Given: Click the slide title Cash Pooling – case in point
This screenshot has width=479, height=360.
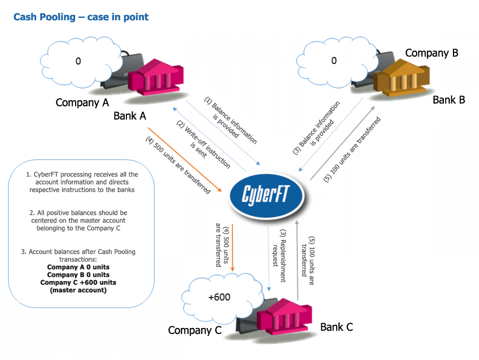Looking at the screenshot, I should [81, 17].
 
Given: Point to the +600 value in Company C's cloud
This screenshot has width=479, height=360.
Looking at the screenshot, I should [218, 297].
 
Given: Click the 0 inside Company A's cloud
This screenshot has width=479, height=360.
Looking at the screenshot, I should [78, 61].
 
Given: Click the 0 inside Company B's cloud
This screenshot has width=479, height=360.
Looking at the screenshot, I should [334, 61].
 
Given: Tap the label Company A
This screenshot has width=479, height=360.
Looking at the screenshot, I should [82, 102].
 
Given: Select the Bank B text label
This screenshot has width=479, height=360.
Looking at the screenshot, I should [449, 100].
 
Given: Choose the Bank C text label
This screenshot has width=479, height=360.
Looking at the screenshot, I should [336, 326].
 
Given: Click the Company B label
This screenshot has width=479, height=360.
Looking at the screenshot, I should [432, 53].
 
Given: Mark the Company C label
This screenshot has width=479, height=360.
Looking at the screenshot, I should [194, 330].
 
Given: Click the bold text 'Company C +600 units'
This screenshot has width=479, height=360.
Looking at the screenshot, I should [78, 282].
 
